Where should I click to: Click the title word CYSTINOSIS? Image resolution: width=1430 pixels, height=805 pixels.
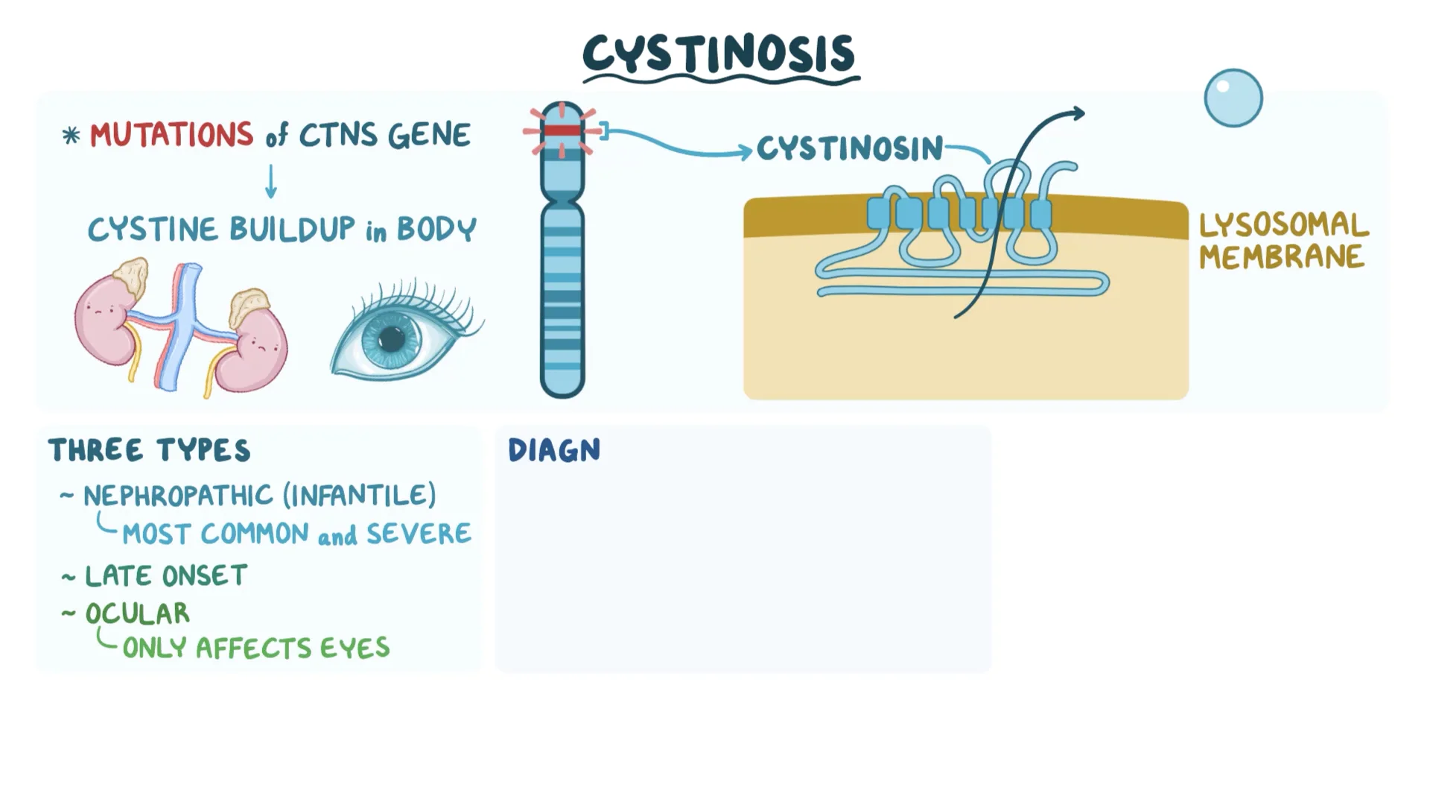719,54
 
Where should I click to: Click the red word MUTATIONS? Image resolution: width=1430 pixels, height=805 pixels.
171,136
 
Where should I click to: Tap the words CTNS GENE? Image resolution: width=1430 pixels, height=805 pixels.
384,136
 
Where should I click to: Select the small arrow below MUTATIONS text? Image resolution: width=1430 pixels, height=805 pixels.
271,182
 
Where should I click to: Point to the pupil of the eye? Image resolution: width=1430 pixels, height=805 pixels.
392,340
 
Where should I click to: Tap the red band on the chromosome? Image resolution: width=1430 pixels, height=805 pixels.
562,131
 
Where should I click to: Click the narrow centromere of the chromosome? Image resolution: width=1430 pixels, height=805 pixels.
562,200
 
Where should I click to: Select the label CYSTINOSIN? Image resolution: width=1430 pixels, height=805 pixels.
850,149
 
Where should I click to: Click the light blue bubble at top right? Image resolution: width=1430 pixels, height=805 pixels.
1233,98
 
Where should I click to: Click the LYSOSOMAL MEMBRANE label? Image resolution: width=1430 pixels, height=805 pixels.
1283,240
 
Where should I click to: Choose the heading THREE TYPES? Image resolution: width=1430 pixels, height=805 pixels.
150,451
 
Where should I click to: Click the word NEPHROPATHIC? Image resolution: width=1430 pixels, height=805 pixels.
179,496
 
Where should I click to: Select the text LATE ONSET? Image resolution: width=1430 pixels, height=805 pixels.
165,576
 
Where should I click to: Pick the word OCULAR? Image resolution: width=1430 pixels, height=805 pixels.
138,613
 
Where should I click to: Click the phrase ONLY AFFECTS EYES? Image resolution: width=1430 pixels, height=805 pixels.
255,648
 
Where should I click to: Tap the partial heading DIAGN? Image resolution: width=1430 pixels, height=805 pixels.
554,451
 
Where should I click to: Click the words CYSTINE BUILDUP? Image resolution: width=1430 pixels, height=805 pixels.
221,230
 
